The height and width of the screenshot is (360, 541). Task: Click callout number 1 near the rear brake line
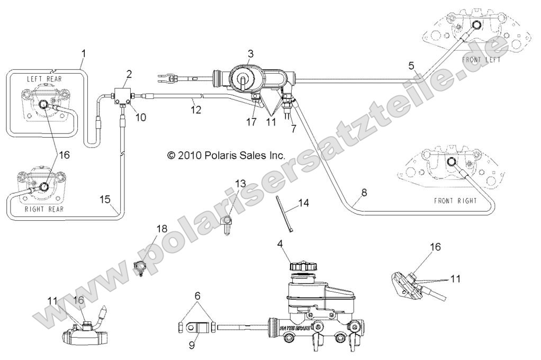coord(83,53)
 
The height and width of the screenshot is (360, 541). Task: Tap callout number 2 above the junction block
coord(129,73)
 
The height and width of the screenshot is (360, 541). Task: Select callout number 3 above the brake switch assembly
coord(250,53)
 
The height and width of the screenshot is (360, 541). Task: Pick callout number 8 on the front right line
coord(364,194)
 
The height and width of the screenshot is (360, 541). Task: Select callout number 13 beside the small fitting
coord(240,183)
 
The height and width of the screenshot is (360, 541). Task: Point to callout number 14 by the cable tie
coord(303,203)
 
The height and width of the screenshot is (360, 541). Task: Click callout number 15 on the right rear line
coord(105,199)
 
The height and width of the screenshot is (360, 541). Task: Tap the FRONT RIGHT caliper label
coord(455,201)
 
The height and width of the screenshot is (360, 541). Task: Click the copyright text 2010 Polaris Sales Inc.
coord(226,156)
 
